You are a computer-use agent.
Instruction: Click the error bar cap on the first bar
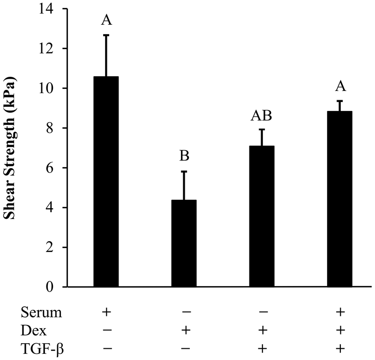point(106,35)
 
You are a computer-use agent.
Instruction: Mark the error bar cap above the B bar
point(184,172)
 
